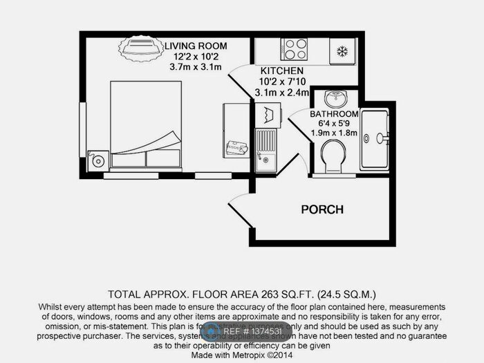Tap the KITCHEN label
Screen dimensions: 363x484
coord(281,71)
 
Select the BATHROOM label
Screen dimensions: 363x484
coord(334,113)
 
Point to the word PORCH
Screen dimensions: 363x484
coord(322,209)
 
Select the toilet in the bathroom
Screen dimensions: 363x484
coord(333,157)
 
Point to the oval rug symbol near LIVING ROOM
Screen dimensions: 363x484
coord(140,50)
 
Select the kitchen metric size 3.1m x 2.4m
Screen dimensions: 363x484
coord(281,92)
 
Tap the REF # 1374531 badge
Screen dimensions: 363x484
coord(241,331)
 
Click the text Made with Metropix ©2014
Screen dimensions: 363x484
coord(241,354)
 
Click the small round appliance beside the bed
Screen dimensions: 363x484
coord(100,161)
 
